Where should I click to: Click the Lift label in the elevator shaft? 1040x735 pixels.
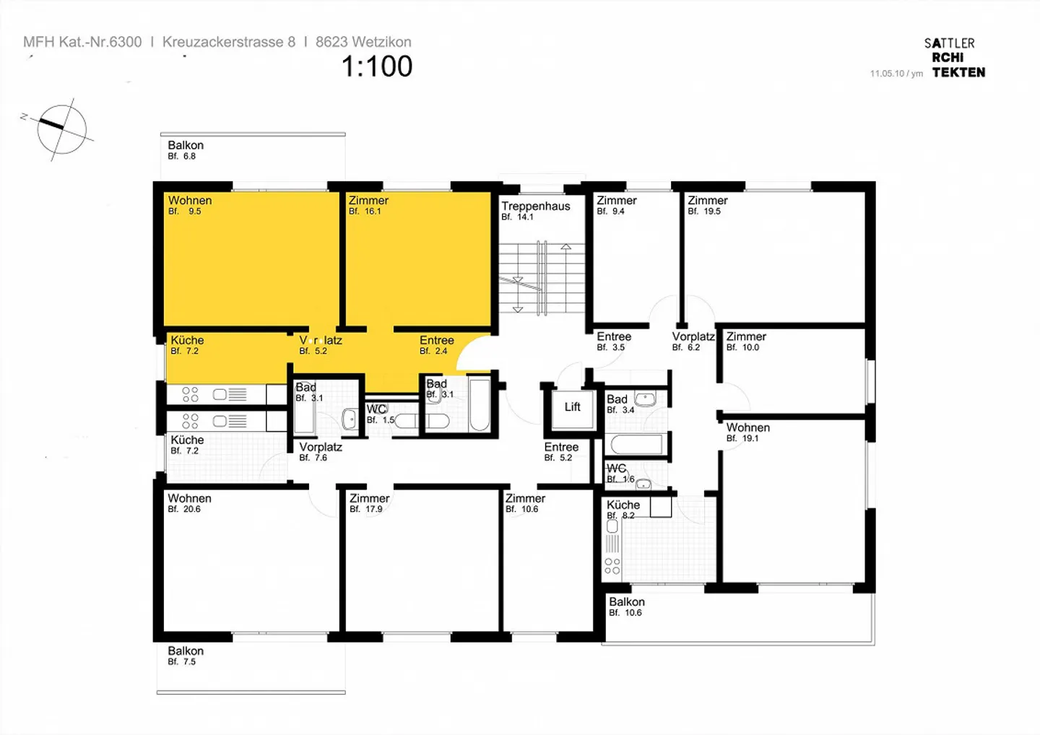(x=572, y=407)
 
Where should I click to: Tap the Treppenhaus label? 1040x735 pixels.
(x=536, y=206)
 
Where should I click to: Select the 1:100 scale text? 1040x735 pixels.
(x=376, y=66)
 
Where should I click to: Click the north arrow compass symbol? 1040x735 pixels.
(x=62, y=129)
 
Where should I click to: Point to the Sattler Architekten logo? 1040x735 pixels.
(x=955, y=58)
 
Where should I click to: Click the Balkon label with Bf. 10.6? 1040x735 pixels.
(x=626, y=602)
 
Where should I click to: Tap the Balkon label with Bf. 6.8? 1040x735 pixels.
(x=186, y=146)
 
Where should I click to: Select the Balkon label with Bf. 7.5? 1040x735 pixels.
(x=186, y=651)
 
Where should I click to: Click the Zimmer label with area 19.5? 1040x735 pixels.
(x=707, y=201)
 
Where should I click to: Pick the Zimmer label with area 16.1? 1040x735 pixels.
(x=368, y=201)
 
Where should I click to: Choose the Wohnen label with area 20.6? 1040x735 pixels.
(x=189, y=499)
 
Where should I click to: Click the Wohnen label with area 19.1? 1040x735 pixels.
(x=747, y=428)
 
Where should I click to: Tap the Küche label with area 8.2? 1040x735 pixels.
(x=623, y=505)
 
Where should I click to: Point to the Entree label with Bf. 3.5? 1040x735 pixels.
(x=614, y=337)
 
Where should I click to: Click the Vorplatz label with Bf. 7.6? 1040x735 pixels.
(x=321, y=448)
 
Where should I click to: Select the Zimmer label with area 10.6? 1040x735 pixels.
(x=525, y=499)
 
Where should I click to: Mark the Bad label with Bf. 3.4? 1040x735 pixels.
(x=617, y=400)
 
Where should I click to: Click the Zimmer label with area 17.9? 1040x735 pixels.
(x=369, y=499)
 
